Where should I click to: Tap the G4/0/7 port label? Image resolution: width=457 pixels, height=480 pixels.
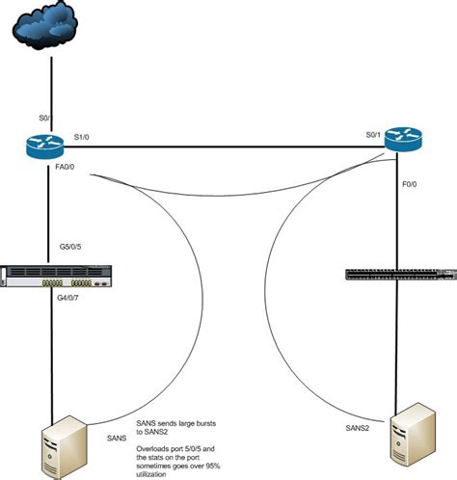coord(71,308)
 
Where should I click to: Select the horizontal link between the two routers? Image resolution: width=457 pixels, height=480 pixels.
coord(222,147)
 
